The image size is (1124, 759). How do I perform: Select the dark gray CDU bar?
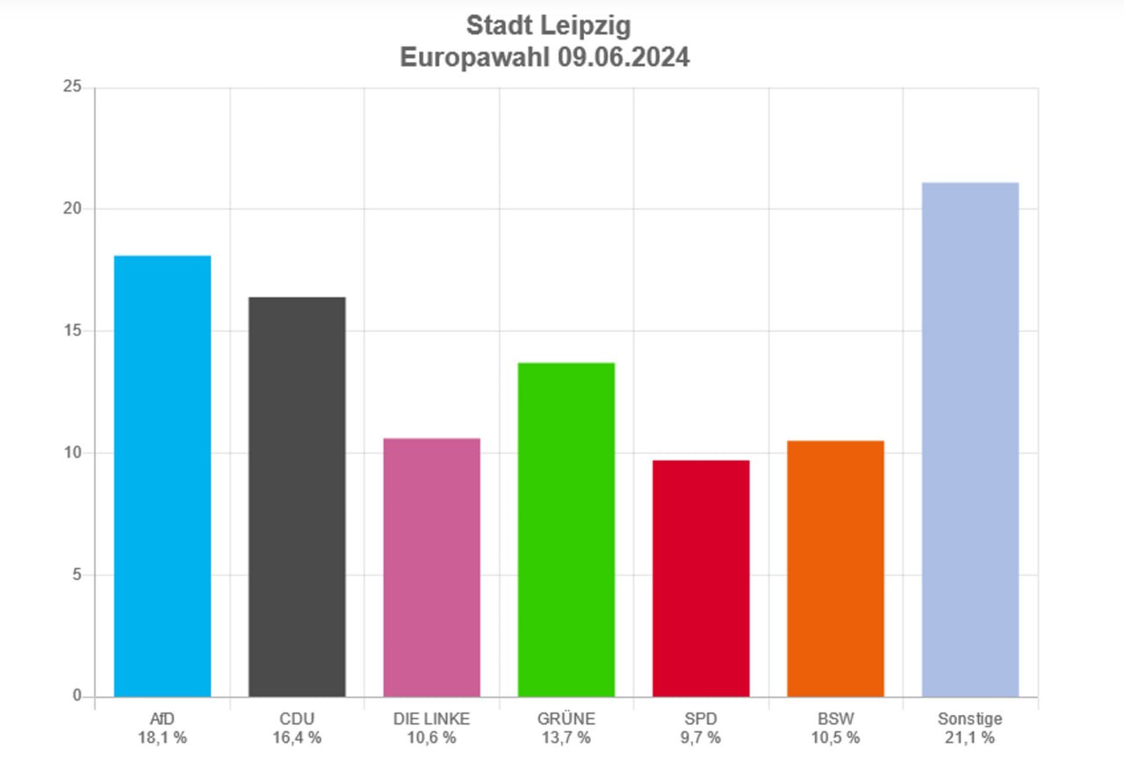point(297,497)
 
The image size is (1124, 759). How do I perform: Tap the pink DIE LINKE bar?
point(432,567)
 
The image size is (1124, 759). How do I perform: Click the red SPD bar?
point(701,578)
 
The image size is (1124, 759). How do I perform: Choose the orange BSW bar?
point(835,568)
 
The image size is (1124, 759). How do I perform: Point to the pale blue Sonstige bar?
point(970,439)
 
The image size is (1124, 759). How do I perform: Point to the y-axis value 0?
point(77,697)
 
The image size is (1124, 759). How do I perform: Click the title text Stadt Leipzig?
point(548,25)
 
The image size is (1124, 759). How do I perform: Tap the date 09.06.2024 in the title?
point(623,58)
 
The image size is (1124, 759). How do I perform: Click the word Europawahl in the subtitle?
point(475,58)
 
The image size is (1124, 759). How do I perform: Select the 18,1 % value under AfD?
point(162,737)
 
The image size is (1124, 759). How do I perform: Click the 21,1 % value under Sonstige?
point(970,737)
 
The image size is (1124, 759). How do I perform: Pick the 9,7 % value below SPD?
point(701,737)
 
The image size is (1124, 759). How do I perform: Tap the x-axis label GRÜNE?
point(566,719)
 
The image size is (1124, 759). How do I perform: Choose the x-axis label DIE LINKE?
point(432,719)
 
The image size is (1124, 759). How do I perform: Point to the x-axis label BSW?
point(835,719)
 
